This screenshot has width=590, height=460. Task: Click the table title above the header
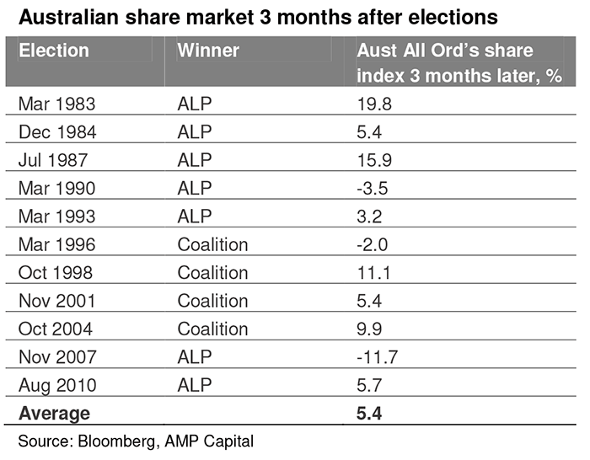tap(258, 18)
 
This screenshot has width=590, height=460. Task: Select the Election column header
tap(54, 51)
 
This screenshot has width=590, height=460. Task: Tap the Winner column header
tap(208, 51)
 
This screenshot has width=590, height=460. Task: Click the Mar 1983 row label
tap(56, 104)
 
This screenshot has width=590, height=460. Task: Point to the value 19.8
tap(374, 104)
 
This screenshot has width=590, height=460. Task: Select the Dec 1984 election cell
tap(57, 132)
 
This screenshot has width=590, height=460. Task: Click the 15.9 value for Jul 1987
tap(374, 160)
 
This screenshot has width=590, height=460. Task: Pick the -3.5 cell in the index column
tap(373, 189)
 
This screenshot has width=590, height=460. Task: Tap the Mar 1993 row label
tap(56, 217)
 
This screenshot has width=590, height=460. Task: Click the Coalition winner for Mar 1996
tap(212, 245)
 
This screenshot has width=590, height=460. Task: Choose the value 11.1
tap(373, 273)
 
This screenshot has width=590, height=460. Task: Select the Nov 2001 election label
tap(56, 301)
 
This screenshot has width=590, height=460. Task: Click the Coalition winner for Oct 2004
tap(212, 329)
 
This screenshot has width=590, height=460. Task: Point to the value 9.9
tap(369, 329)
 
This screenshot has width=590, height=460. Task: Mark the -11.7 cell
tap(377, 357)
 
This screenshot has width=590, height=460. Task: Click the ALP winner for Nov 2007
tap(195, 357)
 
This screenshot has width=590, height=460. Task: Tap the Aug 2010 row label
tap(57, 386)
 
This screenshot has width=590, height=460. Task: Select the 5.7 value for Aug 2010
tap(369, 385)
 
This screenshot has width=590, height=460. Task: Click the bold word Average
tap(54, 414)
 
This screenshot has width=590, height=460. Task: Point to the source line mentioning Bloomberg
tap(136, 441)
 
